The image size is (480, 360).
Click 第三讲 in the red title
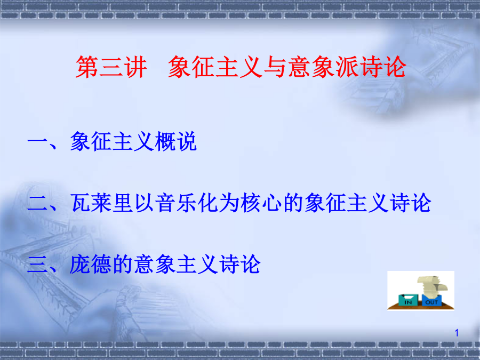click(111, 67)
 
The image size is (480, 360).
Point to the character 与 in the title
click(275, 67)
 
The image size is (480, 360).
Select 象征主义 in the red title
click(215, 67)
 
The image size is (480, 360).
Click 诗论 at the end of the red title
click(383, 67)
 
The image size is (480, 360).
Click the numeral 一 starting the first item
click(37, 141)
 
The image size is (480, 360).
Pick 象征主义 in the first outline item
click(112, 141)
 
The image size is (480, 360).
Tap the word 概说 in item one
click(175, 141)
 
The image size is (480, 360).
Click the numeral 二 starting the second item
click(37, 203)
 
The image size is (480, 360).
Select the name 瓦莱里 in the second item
click(102, 203)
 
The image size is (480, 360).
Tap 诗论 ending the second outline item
click(410, 203)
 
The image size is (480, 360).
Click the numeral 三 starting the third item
click(37, 264)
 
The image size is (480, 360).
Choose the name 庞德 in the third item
click(91, 264)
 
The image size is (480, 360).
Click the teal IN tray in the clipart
click(408, 300)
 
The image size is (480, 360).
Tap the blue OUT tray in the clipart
click(431, 300)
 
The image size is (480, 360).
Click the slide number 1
click(457, 333)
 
